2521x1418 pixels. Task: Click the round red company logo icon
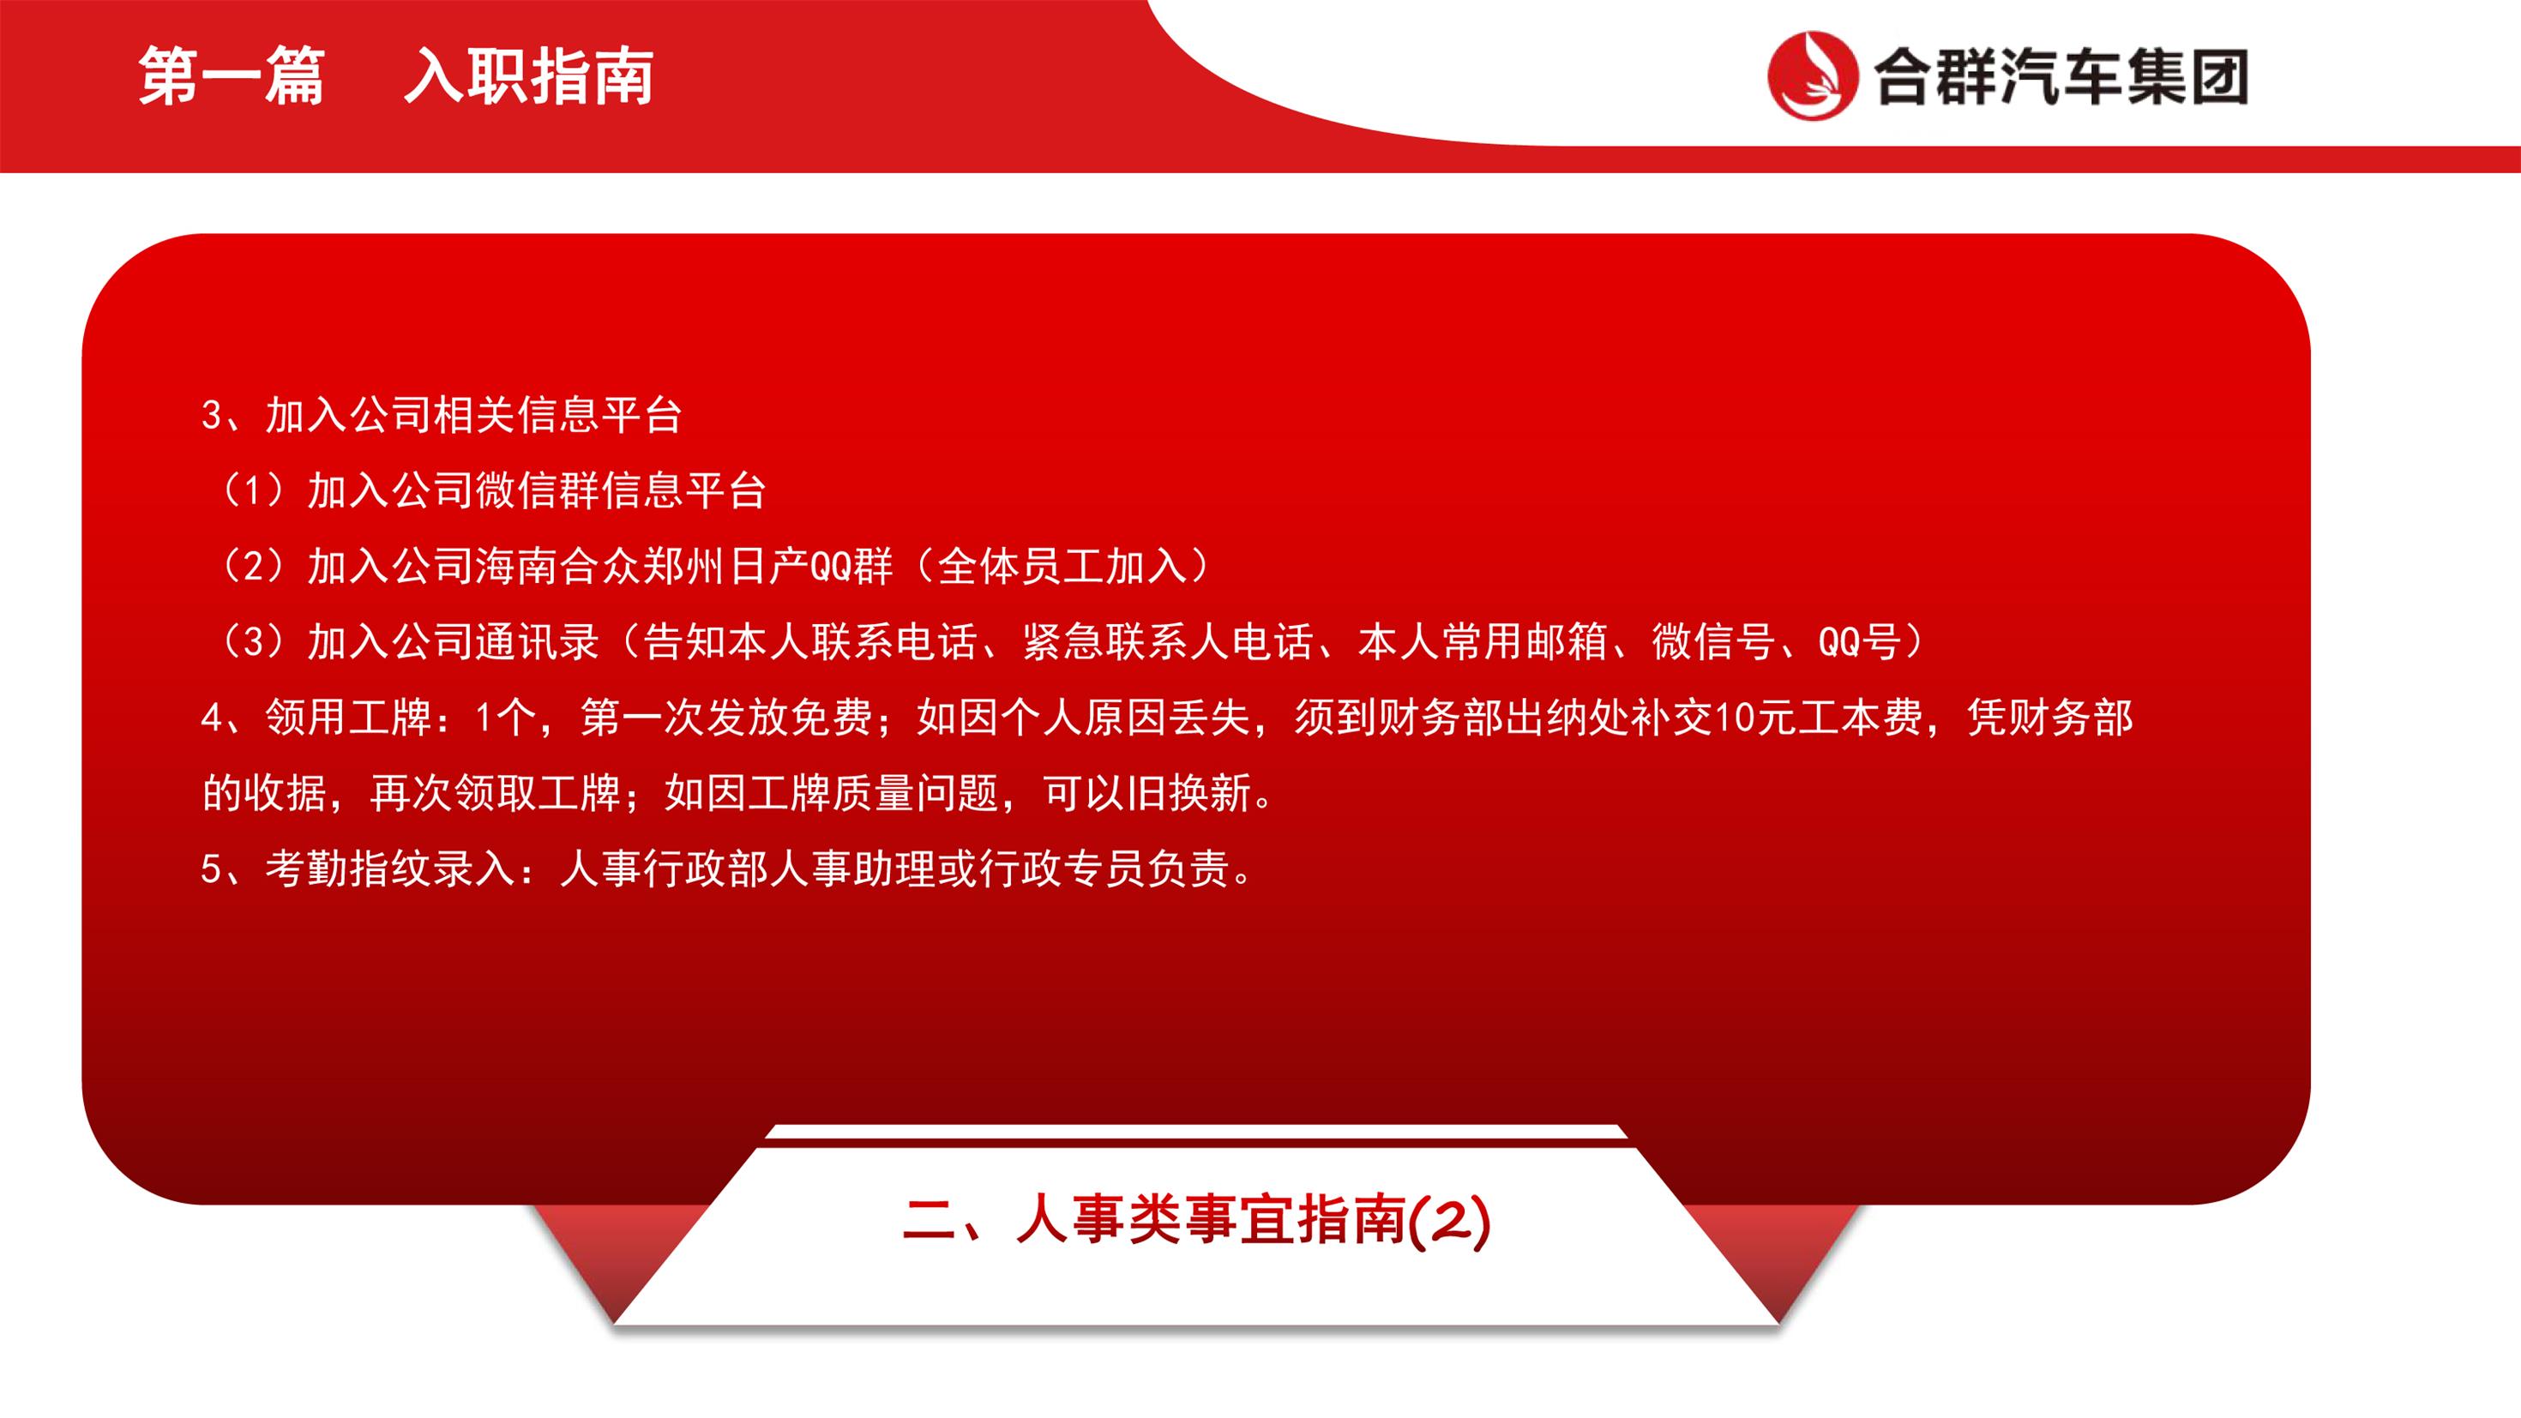coord(1813,75)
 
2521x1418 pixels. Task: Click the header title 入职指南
coord(528,76)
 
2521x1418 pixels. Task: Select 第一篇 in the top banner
coord(231,76)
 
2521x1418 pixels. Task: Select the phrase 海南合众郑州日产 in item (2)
coord(643,566)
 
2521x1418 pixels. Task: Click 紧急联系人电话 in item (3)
coord(1168,641)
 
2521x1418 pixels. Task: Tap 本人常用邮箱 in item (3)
coord(1483,641)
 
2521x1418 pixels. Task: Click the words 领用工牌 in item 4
coord(348,718)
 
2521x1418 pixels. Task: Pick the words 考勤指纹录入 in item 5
coord(390,868)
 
